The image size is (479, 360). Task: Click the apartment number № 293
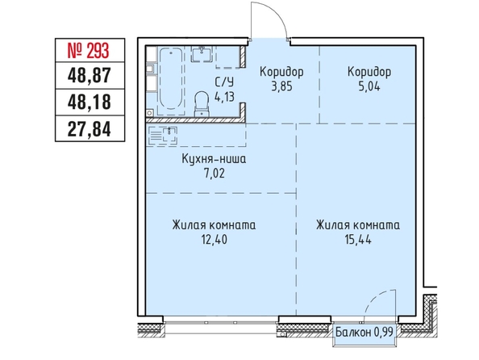88,51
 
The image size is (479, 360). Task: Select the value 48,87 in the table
89,76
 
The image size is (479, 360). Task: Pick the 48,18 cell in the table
89,102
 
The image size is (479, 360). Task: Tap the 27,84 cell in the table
89,129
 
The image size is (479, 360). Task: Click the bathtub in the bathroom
171,80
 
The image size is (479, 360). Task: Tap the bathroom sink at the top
202,54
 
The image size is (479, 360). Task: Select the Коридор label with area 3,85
281,72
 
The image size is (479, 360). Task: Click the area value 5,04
369,86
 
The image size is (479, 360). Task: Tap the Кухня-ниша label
214,159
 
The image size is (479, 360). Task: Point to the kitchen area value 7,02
215,174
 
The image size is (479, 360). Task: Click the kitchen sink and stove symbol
163,135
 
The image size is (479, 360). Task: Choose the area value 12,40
215,240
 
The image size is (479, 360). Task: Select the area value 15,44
358,240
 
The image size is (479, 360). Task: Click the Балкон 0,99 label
364,332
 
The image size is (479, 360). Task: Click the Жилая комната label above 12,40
214,225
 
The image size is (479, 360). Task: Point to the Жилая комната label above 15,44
358,225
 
